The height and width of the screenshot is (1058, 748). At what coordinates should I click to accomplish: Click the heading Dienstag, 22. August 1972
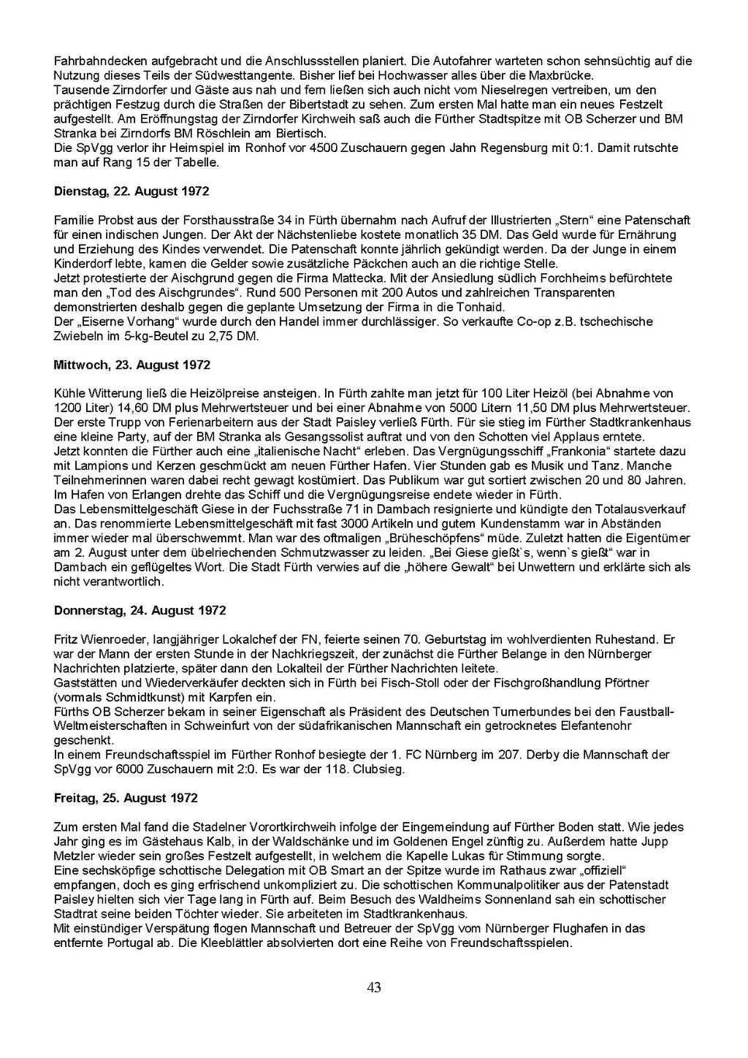(x=131, y=191)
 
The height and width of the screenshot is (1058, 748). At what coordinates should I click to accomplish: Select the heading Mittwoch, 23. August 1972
(x=132, y=365)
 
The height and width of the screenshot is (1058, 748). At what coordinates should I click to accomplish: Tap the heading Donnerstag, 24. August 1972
(x=140, y=610)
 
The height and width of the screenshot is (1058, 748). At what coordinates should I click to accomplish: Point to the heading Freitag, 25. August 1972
(x=126, y=798)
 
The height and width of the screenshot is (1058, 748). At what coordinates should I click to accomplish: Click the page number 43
(x=374, y=988)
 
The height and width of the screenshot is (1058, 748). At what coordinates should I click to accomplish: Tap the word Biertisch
(x=302, y=133)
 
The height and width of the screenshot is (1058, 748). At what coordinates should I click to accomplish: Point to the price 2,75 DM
(x=237, y=336)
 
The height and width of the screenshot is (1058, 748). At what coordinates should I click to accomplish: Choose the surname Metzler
(x=75, y=856)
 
